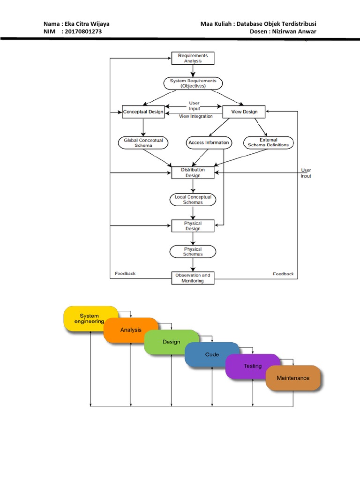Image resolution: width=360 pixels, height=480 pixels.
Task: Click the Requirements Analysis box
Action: (193, 58)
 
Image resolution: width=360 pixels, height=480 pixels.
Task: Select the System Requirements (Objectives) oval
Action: (193, 83)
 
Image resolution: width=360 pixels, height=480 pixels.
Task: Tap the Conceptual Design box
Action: (143, 112)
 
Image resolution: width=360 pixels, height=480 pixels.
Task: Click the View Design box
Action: (243, 112)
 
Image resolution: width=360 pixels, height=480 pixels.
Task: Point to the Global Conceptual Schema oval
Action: (143, 142)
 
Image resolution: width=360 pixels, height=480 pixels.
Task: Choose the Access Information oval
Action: (209, 142)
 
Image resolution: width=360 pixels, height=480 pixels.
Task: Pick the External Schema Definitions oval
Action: (269, 142)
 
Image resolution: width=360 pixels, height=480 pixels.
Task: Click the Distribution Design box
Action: (193, 172)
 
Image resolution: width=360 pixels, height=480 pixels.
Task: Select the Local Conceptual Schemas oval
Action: (193, 200)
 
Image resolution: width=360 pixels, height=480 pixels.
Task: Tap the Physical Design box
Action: (193, 226)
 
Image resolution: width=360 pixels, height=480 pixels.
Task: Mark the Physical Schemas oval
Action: (193, 252)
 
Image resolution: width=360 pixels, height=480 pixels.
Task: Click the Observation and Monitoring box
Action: (193, 278)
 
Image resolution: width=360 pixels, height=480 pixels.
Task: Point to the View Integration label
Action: (195, 116)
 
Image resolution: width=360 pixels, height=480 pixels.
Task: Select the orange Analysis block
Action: (131, 330)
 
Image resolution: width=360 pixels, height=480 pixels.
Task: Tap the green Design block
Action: (171, 342)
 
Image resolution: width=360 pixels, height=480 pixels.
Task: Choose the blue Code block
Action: (212, 354)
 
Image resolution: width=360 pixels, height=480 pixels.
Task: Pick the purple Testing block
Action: (253, 366)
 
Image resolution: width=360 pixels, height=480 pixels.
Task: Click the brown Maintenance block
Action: (293, 378)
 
